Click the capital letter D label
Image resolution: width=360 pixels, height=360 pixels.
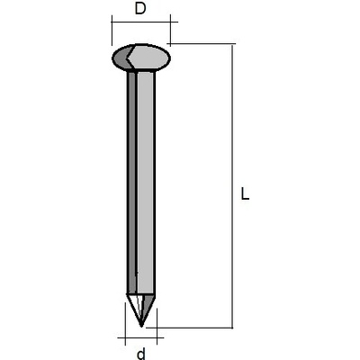click(140, 9)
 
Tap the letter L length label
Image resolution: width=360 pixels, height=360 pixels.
click(245, 193)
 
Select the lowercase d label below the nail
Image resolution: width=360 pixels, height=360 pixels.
click(141, 354)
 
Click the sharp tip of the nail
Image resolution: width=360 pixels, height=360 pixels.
click(141, 327)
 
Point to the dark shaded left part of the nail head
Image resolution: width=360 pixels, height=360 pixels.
click(121, 58)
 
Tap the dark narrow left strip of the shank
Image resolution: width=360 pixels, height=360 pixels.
click(131, 183)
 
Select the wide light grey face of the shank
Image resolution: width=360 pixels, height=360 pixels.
click(146, 183)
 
